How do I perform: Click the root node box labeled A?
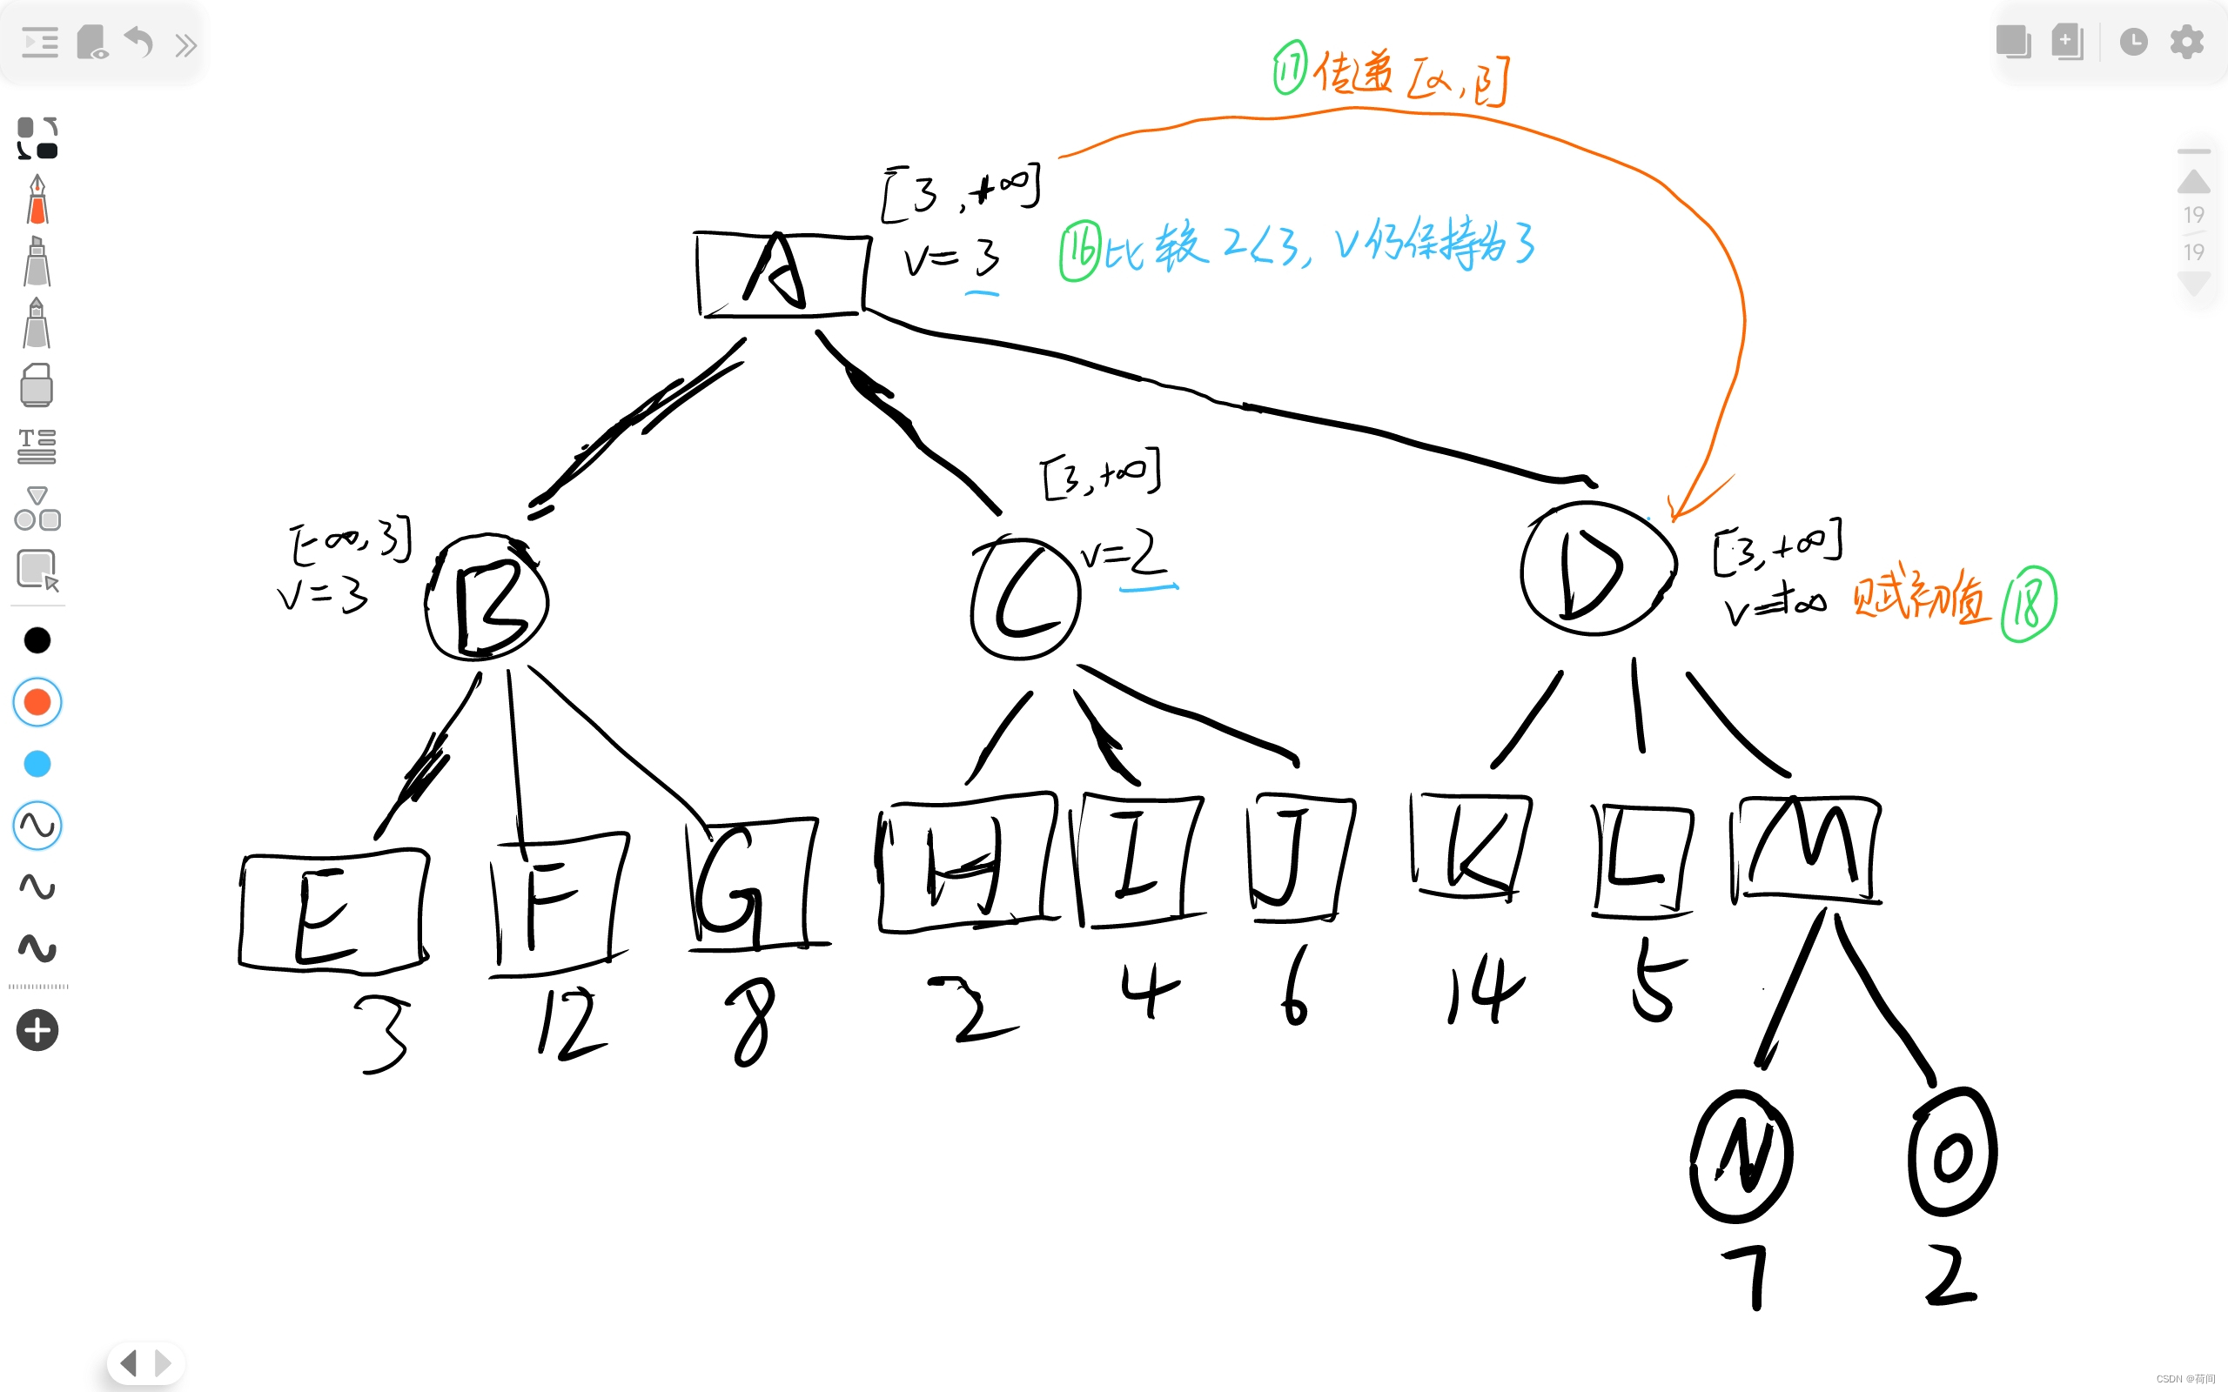tap(782, 273)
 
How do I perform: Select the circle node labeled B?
tap(488, 599)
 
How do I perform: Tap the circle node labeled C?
tap(1024, 599)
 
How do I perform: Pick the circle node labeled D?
tap(1597, 569)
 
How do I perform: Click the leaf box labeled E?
tap(333, 912)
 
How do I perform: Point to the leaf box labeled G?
tap(750, 884)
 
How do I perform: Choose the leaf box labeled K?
tap(1470, 844)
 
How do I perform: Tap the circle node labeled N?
tap(1741, 1156)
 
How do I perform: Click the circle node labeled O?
tap(1952, 1153)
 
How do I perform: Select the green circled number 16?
tap(1080, 251)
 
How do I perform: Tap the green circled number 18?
tap(2028, 605)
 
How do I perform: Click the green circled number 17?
tap(1290, 67)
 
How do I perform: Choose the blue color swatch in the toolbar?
tap(37, 764)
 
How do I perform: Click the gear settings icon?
tap(2186, 42)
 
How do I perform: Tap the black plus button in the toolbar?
tap(37, 1030)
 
